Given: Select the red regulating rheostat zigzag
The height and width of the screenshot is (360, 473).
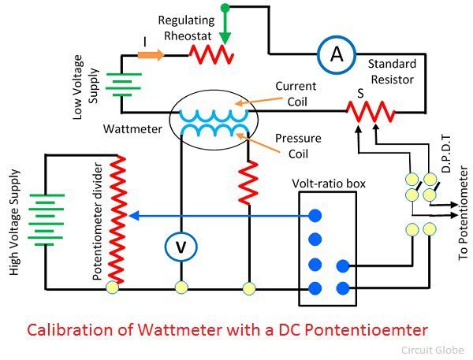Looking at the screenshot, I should click(x=211, y=55).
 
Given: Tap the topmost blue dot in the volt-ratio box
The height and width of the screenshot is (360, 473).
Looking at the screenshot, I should click(x=315, y=215).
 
